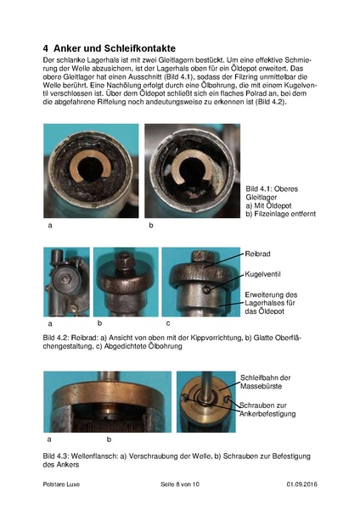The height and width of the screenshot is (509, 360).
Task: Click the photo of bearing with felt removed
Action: pos(192,171)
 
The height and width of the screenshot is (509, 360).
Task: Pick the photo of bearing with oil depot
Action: pos(89,171)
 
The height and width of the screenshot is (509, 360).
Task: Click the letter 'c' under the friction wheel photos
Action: pos(167,323)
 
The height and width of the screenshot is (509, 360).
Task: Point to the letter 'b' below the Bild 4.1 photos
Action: pos(150,227)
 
